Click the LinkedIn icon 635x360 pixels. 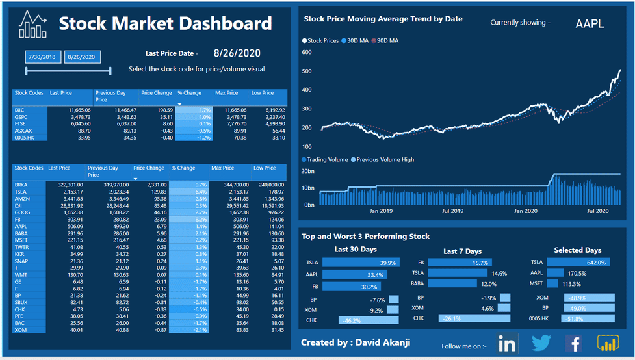507,344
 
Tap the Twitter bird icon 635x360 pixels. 541,344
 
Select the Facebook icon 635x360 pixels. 573,344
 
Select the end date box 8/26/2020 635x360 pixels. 83,57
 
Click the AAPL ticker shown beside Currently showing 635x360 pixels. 590,24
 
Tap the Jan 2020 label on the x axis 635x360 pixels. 526,211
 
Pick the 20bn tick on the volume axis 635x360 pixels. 308,172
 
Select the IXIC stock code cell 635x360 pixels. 19,110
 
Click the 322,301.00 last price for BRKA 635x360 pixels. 66,185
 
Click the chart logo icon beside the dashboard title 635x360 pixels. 32,25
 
